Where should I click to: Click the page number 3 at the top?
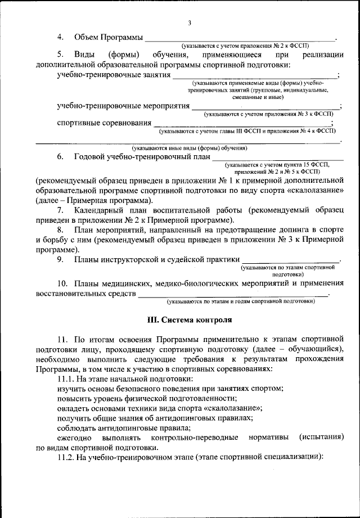(190, 22)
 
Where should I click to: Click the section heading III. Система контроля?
(189, 320)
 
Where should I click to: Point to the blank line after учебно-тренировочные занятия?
(255, 77)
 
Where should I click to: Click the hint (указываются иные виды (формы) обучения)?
(190, 148)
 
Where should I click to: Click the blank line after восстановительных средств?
(233, 295)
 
